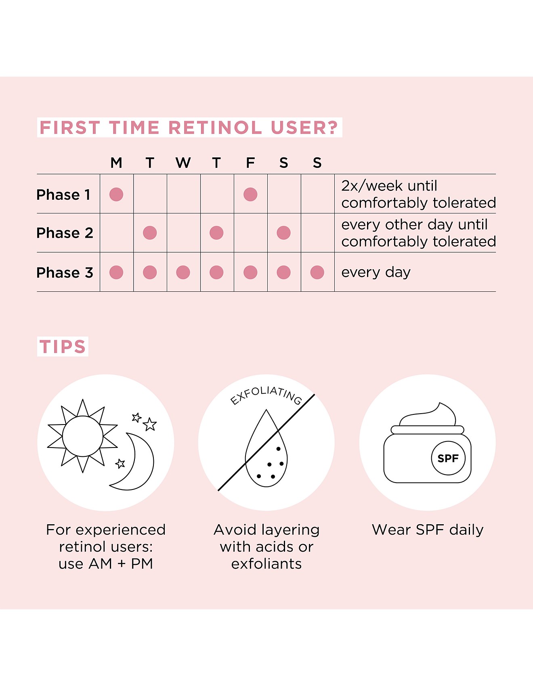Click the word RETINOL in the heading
tap(215, 128)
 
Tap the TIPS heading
tap(63, 347)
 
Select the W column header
tap(183, 163)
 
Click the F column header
tap(250, 163)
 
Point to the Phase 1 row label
tap(63, 195)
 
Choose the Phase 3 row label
tap(65, 272)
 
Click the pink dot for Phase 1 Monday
tap(116, 195)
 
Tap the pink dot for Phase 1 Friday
tap(250, 195)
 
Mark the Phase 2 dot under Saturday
tap(284, 233)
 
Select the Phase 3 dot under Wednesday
tap(183, 272)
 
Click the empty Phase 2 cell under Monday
tap(117, 233)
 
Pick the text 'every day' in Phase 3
tap(376, 272)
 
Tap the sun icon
tap(83, 436)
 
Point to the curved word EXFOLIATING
tap(266, 395)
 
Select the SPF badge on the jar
tap(448, 458)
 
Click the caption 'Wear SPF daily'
tap(428, 529)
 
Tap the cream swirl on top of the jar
tap(428, 415)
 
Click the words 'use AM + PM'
tap(106, 564)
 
